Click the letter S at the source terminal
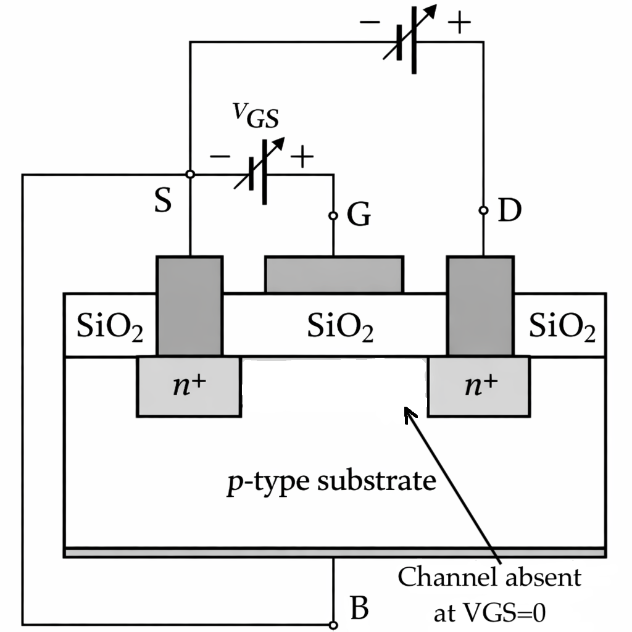[162, 202]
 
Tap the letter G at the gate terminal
[359, 215]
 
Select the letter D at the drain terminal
[509, 212]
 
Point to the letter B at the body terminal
[359, 607]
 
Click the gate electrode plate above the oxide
[334, 274]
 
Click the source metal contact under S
[189, 306]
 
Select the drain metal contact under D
[480, 306]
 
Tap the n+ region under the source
[188, 386]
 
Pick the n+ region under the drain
[479, 386]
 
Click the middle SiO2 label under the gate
[340, 327]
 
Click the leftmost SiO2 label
[110, 327]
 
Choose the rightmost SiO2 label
[562, 327]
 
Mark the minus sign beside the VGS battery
[220, 157]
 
